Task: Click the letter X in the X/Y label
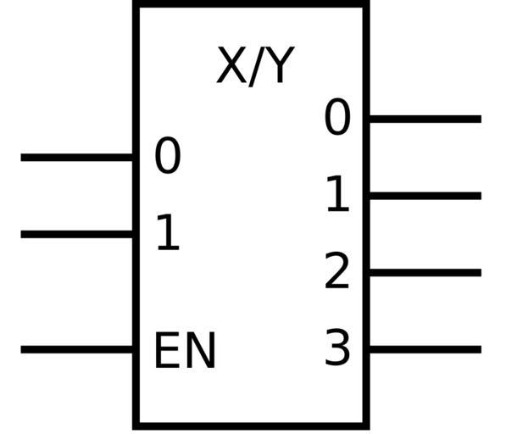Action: [231, 65]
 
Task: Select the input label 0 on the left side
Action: [168, 155]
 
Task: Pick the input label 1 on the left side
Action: [168, 232]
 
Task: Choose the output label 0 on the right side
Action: [337, 116]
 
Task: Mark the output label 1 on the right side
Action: [338, 193]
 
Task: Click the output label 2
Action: [336, 270]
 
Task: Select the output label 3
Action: [337, 348]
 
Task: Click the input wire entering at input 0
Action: [77, 158]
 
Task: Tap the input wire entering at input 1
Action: [77, 234]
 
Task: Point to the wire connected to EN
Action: [77, 349]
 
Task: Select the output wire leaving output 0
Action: [425, 119]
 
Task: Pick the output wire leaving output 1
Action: [425, 196]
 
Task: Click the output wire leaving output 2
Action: [425, 273]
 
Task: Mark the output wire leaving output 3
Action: [425, 349]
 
